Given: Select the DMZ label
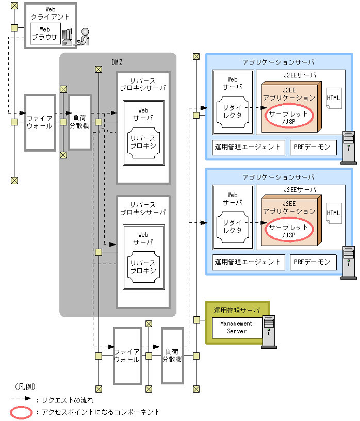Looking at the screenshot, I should (117, 62).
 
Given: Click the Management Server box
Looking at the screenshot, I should (236, 327).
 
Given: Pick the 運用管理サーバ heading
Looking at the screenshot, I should (237, 310).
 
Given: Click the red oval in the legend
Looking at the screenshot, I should (22, 412).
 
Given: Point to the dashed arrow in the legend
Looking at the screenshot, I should (21, 399).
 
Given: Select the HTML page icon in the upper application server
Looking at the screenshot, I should (334, 98).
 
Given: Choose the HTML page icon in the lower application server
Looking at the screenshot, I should (334, 213).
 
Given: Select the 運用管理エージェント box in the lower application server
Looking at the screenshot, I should (248, 262).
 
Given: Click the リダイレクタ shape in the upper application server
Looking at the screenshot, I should (233, 111).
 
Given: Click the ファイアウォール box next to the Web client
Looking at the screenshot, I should (40, 122).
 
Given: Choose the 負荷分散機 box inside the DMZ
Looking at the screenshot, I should (79, 122).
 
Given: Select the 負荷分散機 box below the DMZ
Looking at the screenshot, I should (172, 355).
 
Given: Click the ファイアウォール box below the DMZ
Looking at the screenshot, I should (127, 355).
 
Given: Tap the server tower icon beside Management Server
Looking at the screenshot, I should (269, 331).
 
